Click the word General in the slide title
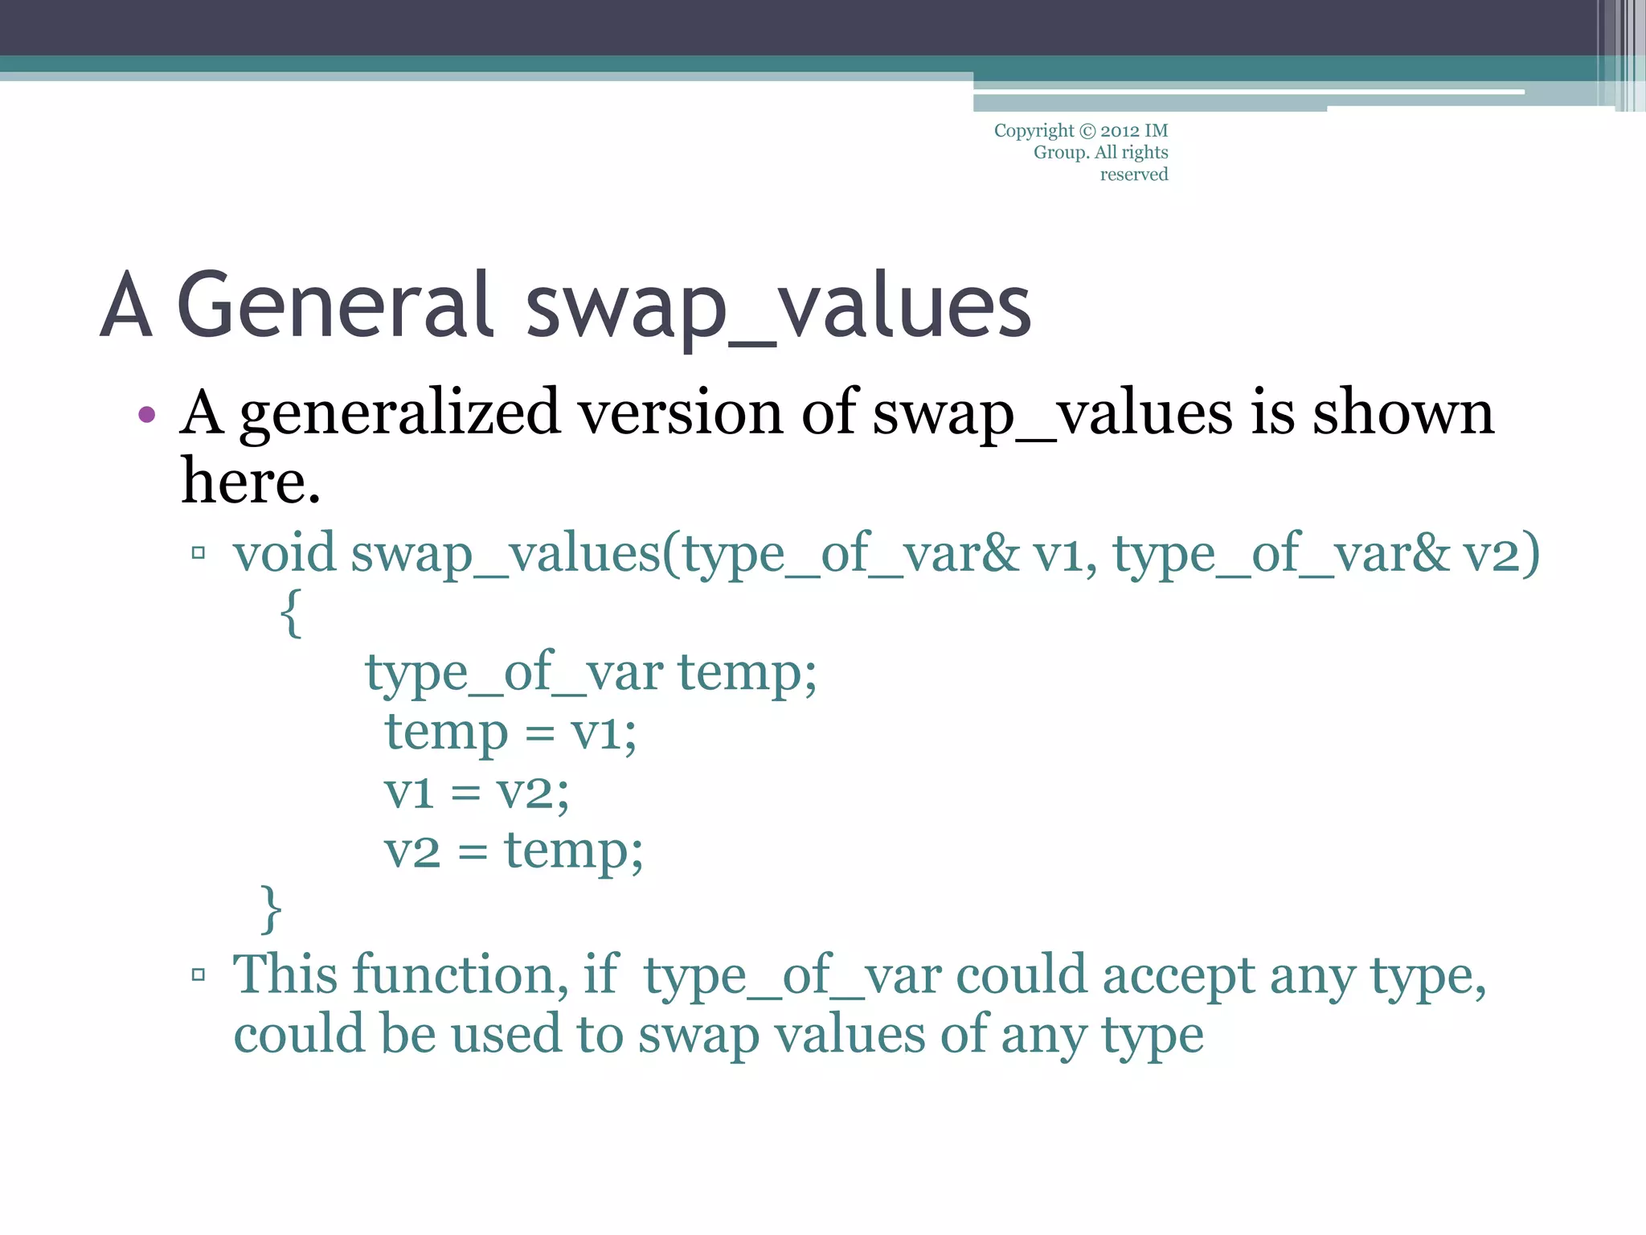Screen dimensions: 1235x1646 (x=334, y=306)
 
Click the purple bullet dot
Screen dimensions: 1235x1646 (x=146, y=415)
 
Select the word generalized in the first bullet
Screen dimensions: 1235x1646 (x=399, y=414)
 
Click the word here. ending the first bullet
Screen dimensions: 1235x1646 (x=251, y=482)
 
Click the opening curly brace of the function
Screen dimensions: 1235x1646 (x=292, y=613)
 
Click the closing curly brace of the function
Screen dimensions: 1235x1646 (x=272, y=909)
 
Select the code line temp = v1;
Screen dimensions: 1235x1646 (x=510, y=732)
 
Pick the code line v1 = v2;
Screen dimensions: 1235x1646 (x=477, y=792)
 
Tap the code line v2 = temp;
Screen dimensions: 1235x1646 (x=514, y=851)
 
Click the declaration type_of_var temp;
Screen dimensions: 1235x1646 (x=591, y=672)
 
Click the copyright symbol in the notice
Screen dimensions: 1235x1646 (x=1087, y=131)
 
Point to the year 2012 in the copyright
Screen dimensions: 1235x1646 (x=1119, y=131)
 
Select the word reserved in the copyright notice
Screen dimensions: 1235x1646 (x=1133, y=174)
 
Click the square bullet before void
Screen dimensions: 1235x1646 (x=199, y=553)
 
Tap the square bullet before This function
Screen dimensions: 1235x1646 (x=199, y=975)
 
